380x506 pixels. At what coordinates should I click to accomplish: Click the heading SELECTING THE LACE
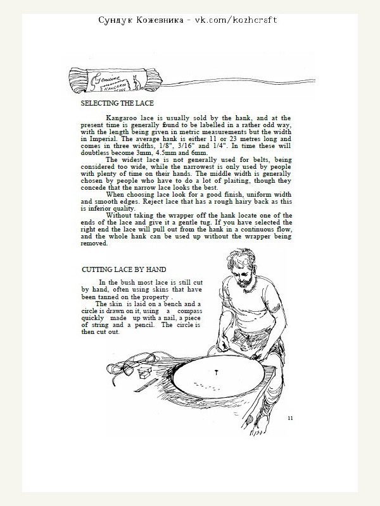click(x=118, y=102)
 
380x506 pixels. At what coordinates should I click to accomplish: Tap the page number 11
click(x=290, y=417)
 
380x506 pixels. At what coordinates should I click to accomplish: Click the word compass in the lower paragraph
click(x=189, y=312)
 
